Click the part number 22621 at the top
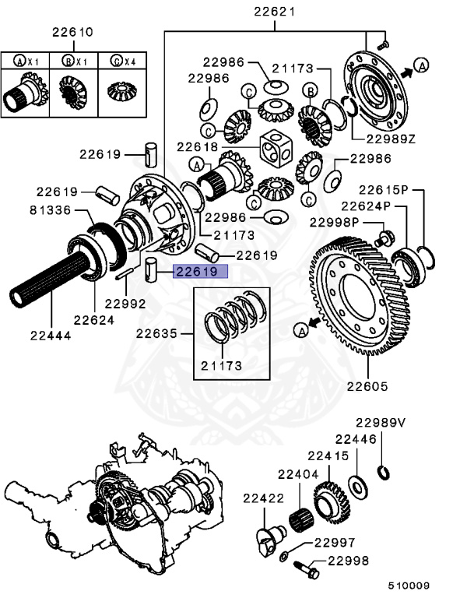[275, 12]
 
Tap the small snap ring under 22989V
[383, 472]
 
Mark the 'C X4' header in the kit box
[118, 60]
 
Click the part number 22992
[125, 304]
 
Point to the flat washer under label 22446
[359, 487]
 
